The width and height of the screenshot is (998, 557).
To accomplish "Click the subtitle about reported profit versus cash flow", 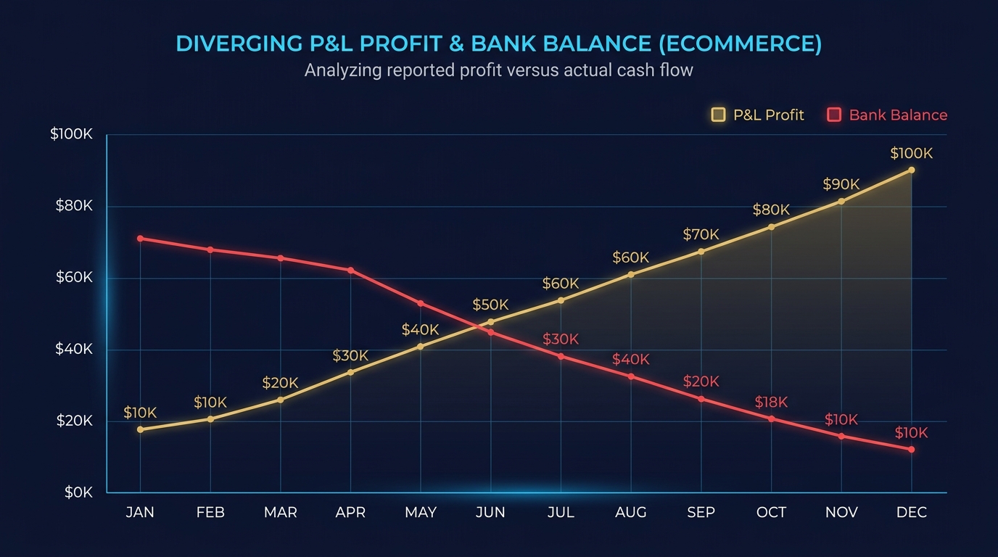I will point(498,70).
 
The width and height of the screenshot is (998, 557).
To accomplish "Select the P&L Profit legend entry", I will point(759,115).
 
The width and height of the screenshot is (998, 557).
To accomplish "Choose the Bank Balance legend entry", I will point(888,115).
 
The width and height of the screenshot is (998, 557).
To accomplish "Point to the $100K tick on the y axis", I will point(71,134).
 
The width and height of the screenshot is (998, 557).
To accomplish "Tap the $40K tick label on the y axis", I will point(74,349).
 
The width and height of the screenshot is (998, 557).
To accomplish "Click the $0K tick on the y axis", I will point(78,492).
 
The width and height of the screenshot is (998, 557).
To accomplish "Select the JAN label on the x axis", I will point(140,513).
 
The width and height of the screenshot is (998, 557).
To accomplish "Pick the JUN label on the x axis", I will point(490,513).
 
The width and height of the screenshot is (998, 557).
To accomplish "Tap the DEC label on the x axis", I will point(912,513).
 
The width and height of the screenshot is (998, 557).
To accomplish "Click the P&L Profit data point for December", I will point(912,170).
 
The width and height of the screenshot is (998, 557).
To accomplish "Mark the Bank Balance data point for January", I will point(140,239).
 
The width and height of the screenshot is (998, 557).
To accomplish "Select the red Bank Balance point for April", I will point(351,271).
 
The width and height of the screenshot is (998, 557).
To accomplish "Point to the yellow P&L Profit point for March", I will point(281,400).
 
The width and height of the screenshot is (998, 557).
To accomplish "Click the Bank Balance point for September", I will point(701,399).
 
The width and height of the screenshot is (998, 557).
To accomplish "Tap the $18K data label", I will point(771,403).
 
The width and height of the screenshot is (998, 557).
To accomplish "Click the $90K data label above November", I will point(841,184).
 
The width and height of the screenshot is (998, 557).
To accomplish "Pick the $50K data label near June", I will point(490,305).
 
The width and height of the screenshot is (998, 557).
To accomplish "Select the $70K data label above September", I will point(701,235).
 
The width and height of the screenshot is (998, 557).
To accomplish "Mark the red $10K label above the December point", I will point(911,433).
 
